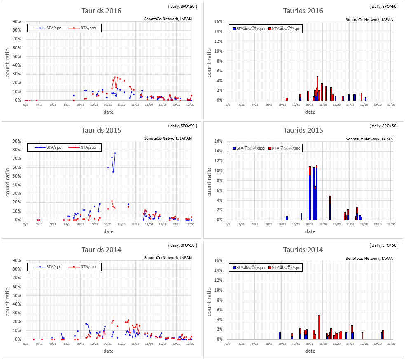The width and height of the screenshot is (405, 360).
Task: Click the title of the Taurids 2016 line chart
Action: tap(101, 11)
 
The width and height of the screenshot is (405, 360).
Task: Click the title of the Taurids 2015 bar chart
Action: tap(303, 130)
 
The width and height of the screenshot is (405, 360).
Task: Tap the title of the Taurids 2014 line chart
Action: tap(101, 250)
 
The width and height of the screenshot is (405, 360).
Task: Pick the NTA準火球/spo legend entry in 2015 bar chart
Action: tap(285, 148)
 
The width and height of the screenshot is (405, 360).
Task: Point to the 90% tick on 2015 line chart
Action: tap(16, 141)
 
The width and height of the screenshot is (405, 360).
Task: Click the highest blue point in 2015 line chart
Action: tap(115, 153)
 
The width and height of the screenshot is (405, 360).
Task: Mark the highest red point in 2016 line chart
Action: tap(115, 77)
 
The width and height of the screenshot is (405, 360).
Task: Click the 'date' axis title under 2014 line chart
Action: tap(108, 351)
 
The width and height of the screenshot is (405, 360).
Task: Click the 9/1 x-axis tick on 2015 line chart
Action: tap(26, 224)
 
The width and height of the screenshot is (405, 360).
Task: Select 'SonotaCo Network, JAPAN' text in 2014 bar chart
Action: tap(369, 258)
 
